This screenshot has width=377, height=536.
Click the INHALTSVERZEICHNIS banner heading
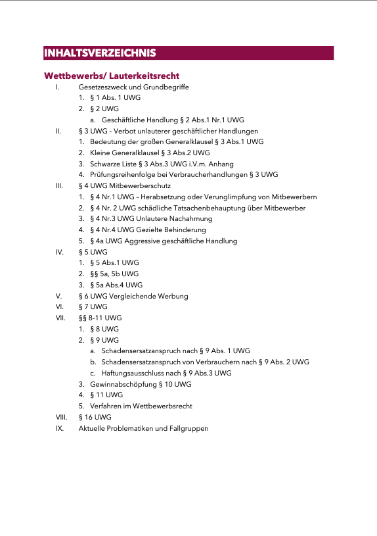coord(99,53)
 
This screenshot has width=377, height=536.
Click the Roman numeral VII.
coord(60,318)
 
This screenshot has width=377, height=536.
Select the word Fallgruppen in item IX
coord(189,428)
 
